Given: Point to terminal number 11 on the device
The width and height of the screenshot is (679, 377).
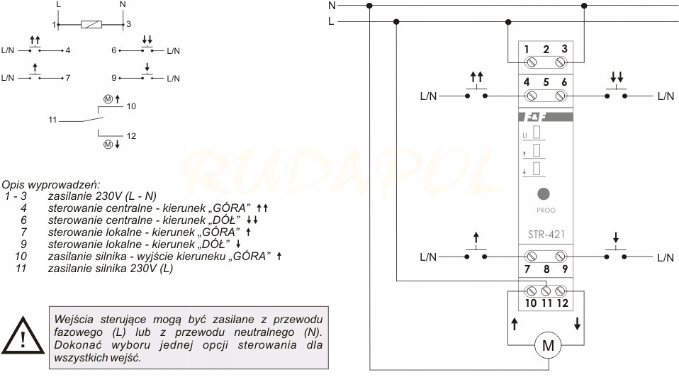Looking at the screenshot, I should pos(546,303).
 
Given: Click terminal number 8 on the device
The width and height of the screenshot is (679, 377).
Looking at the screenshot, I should pos(546,269).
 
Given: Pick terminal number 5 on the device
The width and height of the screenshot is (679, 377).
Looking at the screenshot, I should pos(546,81).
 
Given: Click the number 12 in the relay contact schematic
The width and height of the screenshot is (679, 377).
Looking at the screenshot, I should pos(130,135).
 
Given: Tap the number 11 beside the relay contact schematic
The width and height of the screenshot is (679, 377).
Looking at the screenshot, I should pos(52,120).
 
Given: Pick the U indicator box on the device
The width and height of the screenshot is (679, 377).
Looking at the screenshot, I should pos(536,133).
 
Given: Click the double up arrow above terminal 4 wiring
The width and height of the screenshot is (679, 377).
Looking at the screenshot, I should pos(476,76).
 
